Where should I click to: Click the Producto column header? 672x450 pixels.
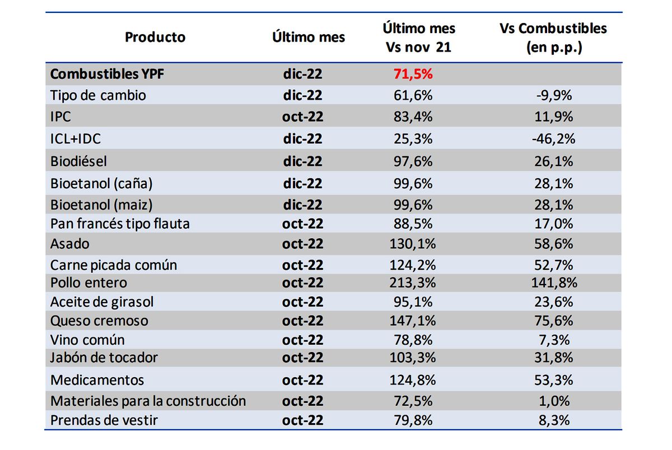pos(155,38)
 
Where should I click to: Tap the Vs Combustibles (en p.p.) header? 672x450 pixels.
pos(553,38)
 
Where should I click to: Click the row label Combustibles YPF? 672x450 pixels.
pos(101,74)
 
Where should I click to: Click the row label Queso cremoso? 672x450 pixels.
pos(99,321)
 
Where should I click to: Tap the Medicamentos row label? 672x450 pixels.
pos(97,380)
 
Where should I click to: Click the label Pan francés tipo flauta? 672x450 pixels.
pos(120,224)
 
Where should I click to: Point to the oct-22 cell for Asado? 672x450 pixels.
pos(303,244)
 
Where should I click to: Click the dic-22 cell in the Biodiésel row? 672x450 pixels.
pos(302,161)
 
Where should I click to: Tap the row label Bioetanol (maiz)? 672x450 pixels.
pos(101,205)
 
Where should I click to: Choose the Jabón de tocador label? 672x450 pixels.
pos(104,358)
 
